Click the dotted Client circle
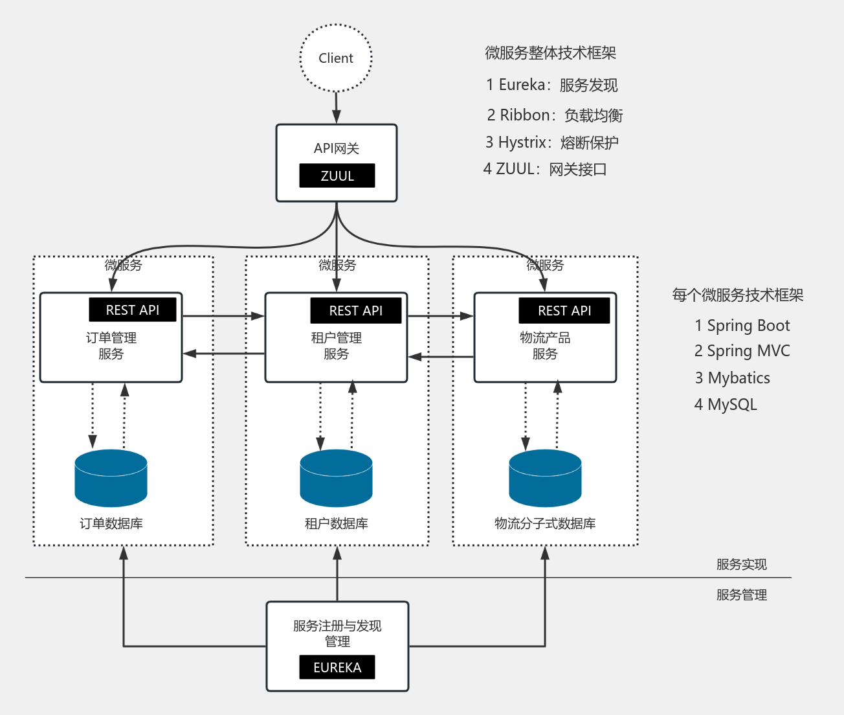tap(336, 58)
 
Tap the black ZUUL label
tap(337, 176)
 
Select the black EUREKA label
tap(337, 667)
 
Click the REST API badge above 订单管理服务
tap(133, 310)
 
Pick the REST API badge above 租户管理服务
tap(355, 310)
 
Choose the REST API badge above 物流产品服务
tap(564, 310)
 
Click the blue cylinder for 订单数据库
tap(111, 478)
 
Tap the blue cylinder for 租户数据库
tap(336, 478)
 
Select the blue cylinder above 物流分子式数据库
tap(545, 478)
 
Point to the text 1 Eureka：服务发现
tap(551, 85)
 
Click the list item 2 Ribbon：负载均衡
tap(555, 115)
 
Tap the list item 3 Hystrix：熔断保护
tap(551, 142)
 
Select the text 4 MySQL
tap(725, 405)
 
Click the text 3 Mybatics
tap(732, 378)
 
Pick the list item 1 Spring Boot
tap(742, 326)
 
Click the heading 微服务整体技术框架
tap(550, 53)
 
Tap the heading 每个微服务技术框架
tap(737, 295)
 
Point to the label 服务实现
tap(741, 564)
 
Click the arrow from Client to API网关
tap(336, 107)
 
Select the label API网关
tap(336, 148)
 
